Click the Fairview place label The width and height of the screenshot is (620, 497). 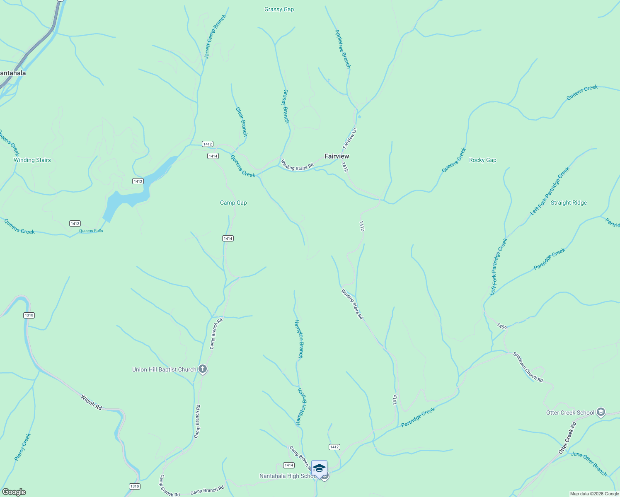(x=337, y=156)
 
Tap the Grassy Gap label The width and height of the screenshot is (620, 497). (x=279, y=10)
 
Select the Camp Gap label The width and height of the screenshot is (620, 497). (x=233, y=203)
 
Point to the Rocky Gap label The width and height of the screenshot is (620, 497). (x=482, y=160)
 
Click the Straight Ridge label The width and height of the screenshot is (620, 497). (x=569, y=203)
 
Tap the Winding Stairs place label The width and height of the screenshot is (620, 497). (x=32, y=160)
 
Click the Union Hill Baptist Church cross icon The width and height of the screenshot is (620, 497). (x=203, y=369)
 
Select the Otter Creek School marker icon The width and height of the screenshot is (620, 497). (x=601, y=412)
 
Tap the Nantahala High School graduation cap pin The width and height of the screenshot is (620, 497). (x=319, y=468)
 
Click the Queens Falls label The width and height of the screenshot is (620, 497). (x=91, y=231)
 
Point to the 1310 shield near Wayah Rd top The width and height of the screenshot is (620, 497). (x=29, y=315)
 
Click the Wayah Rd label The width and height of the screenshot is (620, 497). (x=91, y=403)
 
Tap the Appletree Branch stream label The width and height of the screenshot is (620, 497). (x=343, y=49)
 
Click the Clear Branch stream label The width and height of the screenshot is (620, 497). (x=242, y=122)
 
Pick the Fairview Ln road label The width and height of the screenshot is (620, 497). (x=349, y=138)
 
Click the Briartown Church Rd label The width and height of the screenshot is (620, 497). (x=528, y=367)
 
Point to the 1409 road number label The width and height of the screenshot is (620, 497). (x=502, y=326)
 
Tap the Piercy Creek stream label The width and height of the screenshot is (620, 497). (x=23, y=447)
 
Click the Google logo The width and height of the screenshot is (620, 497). (x=14, y=492)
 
